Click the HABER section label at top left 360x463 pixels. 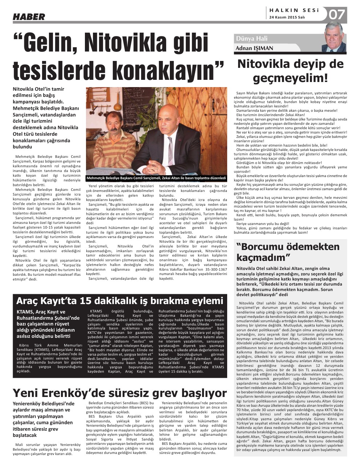point(29,17)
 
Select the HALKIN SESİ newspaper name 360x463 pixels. point(294,10)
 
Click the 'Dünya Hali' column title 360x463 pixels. point(251,39)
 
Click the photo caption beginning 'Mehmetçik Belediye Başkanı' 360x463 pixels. point(156,178)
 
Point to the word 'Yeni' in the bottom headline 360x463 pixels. point(26,393)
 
